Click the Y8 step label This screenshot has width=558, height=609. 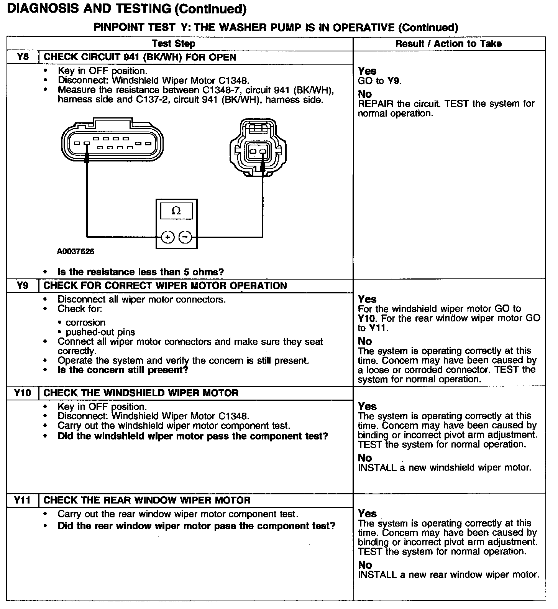(x=23, y=57)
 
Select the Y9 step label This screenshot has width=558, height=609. (x=23, y=286)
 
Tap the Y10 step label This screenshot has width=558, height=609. (x=23, y=393)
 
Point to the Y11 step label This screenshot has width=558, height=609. (x=23, y=500)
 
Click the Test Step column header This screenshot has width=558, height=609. (x=174, y=44)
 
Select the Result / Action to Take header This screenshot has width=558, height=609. (x=448, y=44)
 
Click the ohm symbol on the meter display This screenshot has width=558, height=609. (x=176, y=211)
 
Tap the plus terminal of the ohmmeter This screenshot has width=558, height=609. (x=167, y=237)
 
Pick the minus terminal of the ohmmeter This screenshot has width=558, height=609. (x=185, y=237)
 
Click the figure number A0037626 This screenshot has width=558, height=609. (x=75, y=252)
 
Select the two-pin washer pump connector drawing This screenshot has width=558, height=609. (x=258, y=148)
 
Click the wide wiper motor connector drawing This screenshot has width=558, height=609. (x=112, y=142)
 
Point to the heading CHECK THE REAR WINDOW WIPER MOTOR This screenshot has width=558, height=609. (x=147, y=500)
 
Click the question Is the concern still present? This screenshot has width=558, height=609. (x=123, y=370)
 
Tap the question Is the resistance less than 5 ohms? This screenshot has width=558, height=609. (x=141, y=272)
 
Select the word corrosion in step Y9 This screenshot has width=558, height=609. (x=85, y=323)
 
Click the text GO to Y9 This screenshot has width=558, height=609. (x=379, y=81)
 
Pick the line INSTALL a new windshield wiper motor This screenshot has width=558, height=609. (x=445, y=468)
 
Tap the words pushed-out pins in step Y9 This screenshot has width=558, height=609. (x=100, y=332)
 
